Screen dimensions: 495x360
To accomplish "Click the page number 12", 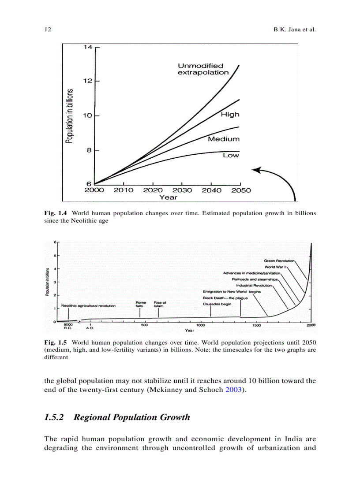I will [x=48, y=30].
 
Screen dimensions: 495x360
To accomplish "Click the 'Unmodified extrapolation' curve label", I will [x=203, y=69].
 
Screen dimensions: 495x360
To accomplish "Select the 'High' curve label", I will [x=230, y=115].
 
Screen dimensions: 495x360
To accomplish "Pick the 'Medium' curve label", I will [x=224, y=139].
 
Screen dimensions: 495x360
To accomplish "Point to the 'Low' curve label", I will [x=231, y=155].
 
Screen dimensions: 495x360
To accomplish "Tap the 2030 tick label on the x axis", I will [x=182, y=190].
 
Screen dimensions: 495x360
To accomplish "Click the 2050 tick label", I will [x=240, y=190].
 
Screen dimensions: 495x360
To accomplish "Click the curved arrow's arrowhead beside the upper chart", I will [x=255, y=170].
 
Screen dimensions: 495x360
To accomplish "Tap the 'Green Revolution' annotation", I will [x=279, y=261].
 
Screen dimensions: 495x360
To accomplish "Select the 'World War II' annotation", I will [x=276, y=267].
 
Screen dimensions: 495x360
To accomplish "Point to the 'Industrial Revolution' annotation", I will [x=254, y=285].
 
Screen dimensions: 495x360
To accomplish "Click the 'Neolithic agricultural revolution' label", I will [x=89, y=305].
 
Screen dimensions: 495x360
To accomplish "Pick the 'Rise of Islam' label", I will [x=159, y=304].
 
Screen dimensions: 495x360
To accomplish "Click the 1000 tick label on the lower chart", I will [x=200, y=325].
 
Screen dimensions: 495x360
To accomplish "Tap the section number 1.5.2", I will [x=55, y=417].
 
